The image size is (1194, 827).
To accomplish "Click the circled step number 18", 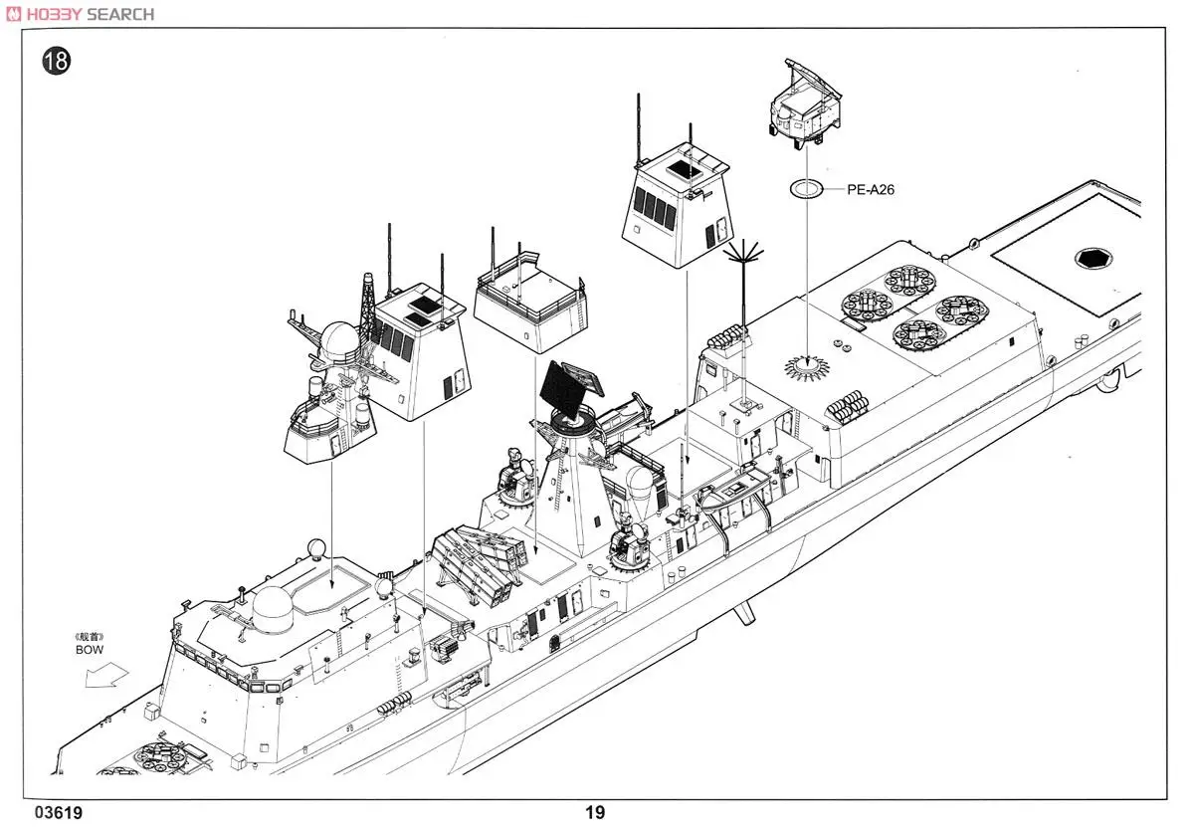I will tap(57, 61).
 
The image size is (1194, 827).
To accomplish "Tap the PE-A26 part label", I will tap(871, 188).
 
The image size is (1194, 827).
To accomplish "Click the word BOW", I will tap(90, 649).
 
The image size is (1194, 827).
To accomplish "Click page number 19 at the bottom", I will tap(594, 813).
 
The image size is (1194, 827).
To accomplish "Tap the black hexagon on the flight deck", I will tap(1093, 259).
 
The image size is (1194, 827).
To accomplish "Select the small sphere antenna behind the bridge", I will tap(315, 547).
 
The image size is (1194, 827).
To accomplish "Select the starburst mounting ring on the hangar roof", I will tap(807, 365).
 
